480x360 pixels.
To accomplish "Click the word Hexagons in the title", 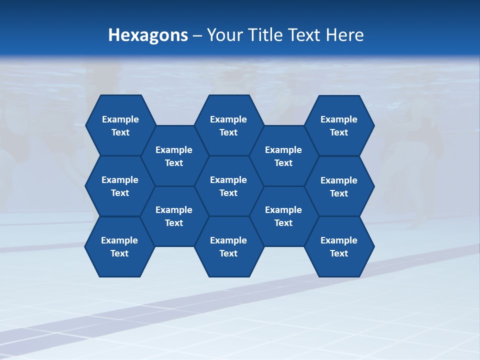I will pos(148,35).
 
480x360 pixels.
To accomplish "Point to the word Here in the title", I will pos(345,35).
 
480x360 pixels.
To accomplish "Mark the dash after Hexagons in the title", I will pos(197,35).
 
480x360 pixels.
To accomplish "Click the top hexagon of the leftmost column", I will pos(120,125).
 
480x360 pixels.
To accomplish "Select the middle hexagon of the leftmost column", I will pos(120,186).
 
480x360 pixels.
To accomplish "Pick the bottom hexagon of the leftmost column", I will pos(119,246).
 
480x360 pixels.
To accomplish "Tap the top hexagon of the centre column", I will pos(228,125).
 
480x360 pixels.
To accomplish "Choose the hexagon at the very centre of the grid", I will pos(228,186).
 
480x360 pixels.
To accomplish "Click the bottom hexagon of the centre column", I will pos(228,246).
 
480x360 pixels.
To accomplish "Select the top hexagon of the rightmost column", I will pos(339,125).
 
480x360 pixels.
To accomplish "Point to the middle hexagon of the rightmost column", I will pos(339,186).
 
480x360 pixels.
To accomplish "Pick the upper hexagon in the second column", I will pos(174,156).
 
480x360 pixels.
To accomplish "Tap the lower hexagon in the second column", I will pos(174,216).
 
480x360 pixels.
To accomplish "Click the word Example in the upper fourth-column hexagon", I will pos(283,150).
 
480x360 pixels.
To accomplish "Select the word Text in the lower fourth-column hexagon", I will pos(283,223).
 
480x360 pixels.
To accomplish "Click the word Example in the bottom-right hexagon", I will pos(339,240).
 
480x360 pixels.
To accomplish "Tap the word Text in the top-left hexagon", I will pos(120,132).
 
